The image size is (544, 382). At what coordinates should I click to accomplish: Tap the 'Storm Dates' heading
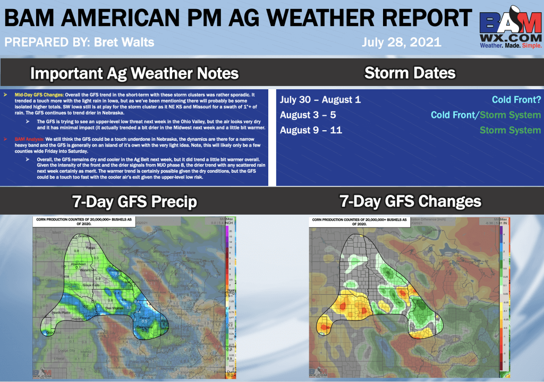(x=410, y=72)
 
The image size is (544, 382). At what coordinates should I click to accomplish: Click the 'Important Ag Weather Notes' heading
(x=134, y=72)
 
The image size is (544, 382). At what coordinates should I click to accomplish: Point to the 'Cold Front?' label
(x=516, y=100)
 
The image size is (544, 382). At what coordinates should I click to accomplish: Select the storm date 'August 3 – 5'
(x=308, y=115)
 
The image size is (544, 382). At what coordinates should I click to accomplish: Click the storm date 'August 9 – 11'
(x=310, y=130)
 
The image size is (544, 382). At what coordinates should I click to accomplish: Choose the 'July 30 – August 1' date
(x=320, y=100)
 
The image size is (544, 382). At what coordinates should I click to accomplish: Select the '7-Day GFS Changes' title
(x=410, y=201)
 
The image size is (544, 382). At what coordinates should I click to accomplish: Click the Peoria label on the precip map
(x=144, y=317)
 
